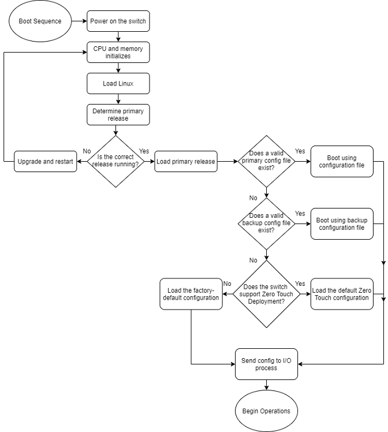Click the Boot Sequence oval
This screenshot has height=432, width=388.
point(40,21)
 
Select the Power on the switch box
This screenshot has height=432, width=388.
point(118,21)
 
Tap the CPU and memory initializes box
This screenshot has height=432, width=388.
point(118,52)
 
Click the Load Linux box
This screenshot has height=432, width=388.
point(118,83)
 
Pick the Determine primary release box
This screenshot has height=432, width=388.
point(118,114)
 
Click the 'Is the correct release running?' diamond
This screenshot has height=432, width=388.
point(116,161)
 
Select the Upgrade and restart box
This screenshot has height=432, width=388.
point(46,162)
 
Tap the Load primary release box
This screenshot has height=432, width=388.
point(186,162)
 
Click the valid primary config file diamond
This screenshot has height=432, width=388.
point(266,161)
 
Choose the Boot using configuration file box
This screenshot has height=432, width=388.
point(341,161)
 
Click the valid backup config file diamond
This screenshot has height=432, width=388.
point(266,224)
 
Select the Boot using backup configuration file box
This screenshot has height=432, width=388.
point(341,224)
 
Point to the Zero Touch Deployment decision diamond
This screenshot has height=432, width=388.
point(266,293)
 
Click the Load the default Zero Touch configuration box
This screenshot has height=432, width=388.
point(341,293)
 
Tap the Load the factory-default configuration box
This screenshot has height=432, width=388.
point(191,293)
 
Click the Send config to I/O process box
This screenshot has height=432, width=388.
point(266,364)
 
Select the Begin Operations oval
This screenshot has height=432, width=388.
point(266,411)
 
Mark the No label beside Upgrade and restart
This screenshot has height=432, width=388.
point(87,151)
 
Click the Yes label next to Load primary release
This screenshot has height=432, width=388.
point(144,151)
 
